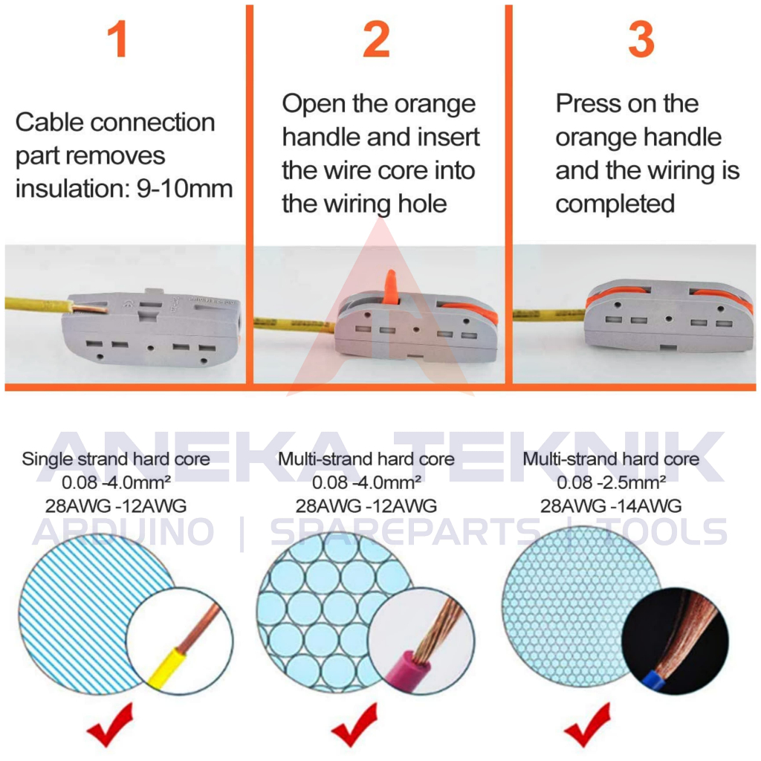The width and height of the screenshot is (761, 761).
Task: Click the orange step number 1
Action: pos(117,39)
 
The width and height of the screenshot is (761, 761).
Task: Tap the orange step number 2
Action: pos(377,39)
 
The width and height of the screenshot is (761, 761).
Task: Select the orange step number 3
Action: pos(641,39)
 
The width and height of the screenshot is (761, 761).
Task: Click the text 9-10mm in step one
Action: pos(185,189)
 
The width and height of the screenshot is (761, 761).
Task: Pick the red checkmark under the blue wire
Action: pos(588,725)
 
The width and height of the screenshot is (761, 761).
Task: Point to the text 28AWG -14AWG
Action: pos(611,506)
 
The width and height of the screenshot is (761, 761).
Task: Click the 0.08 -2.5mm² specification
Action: pos(611,482)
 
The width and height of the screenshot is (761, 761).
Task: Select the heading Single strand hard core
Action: pos(116,459)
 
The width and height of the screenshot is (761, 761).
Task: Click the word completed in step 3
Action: pos(615,204)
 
